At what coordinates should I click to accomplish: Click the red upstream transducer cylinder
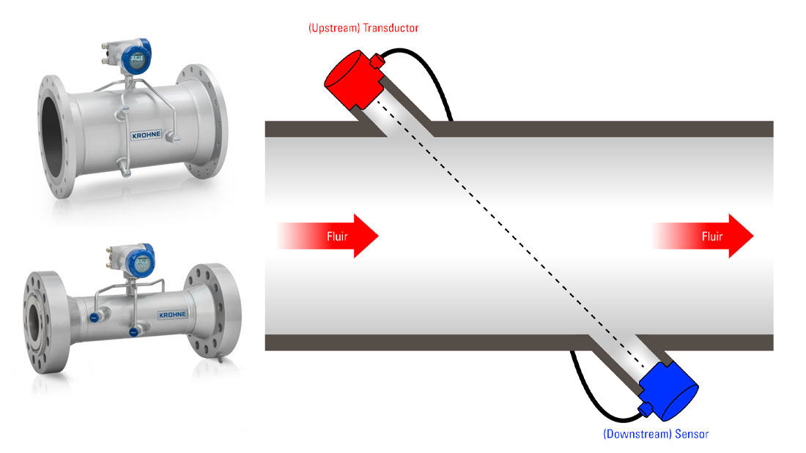point(350,76)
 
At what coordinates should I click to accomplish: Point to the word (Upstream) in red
point(333,28)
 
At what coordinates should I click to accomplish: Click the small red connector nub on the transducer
point(378,63)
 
